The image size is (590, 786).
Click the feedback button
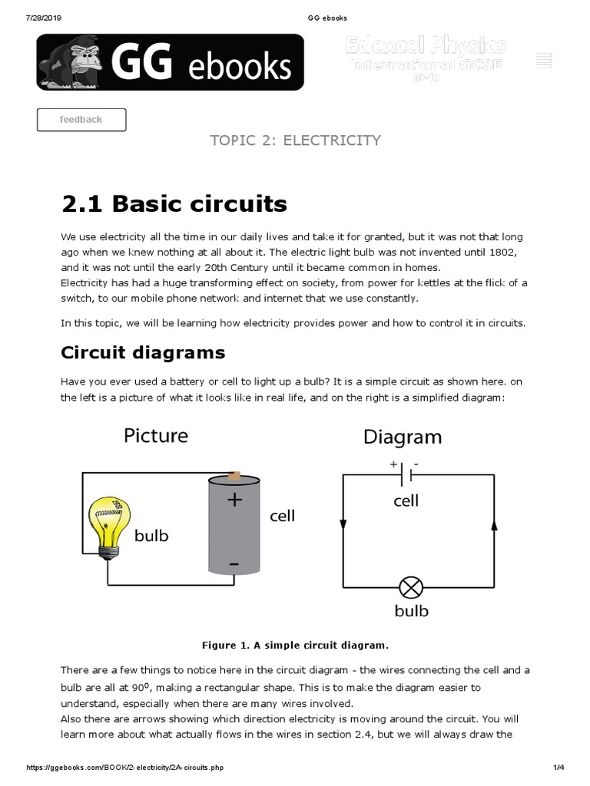tap(81, 120)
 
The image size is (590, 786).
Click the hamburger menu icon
tap(545, 61)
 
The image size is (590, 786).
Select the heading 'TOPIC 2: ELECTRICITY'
tap(295, 140)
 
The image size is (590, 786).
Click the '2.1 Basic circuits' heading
tap(174, 203)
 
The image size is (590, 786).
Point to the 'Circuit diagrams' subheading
tap(143, 352)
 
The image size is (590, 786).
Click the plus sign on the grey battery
tap(234, 500)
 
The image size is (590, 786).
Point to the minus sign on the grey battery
tap(234, 564)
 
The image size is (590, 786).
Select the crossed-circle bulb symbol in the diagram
tap(411, 588)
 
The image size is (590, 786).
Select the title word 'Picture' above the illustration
tap(156, 436)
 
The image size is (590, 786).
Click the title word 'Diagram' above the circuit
tap(402, 437)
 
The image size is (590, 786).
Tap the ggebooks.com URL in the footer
tap(127, 768)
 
